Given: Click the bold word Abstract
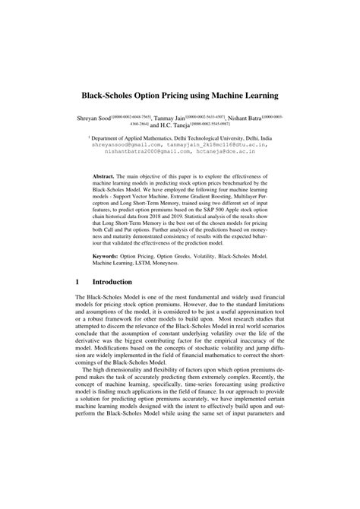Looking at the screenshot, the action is (x=106, y=166).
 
